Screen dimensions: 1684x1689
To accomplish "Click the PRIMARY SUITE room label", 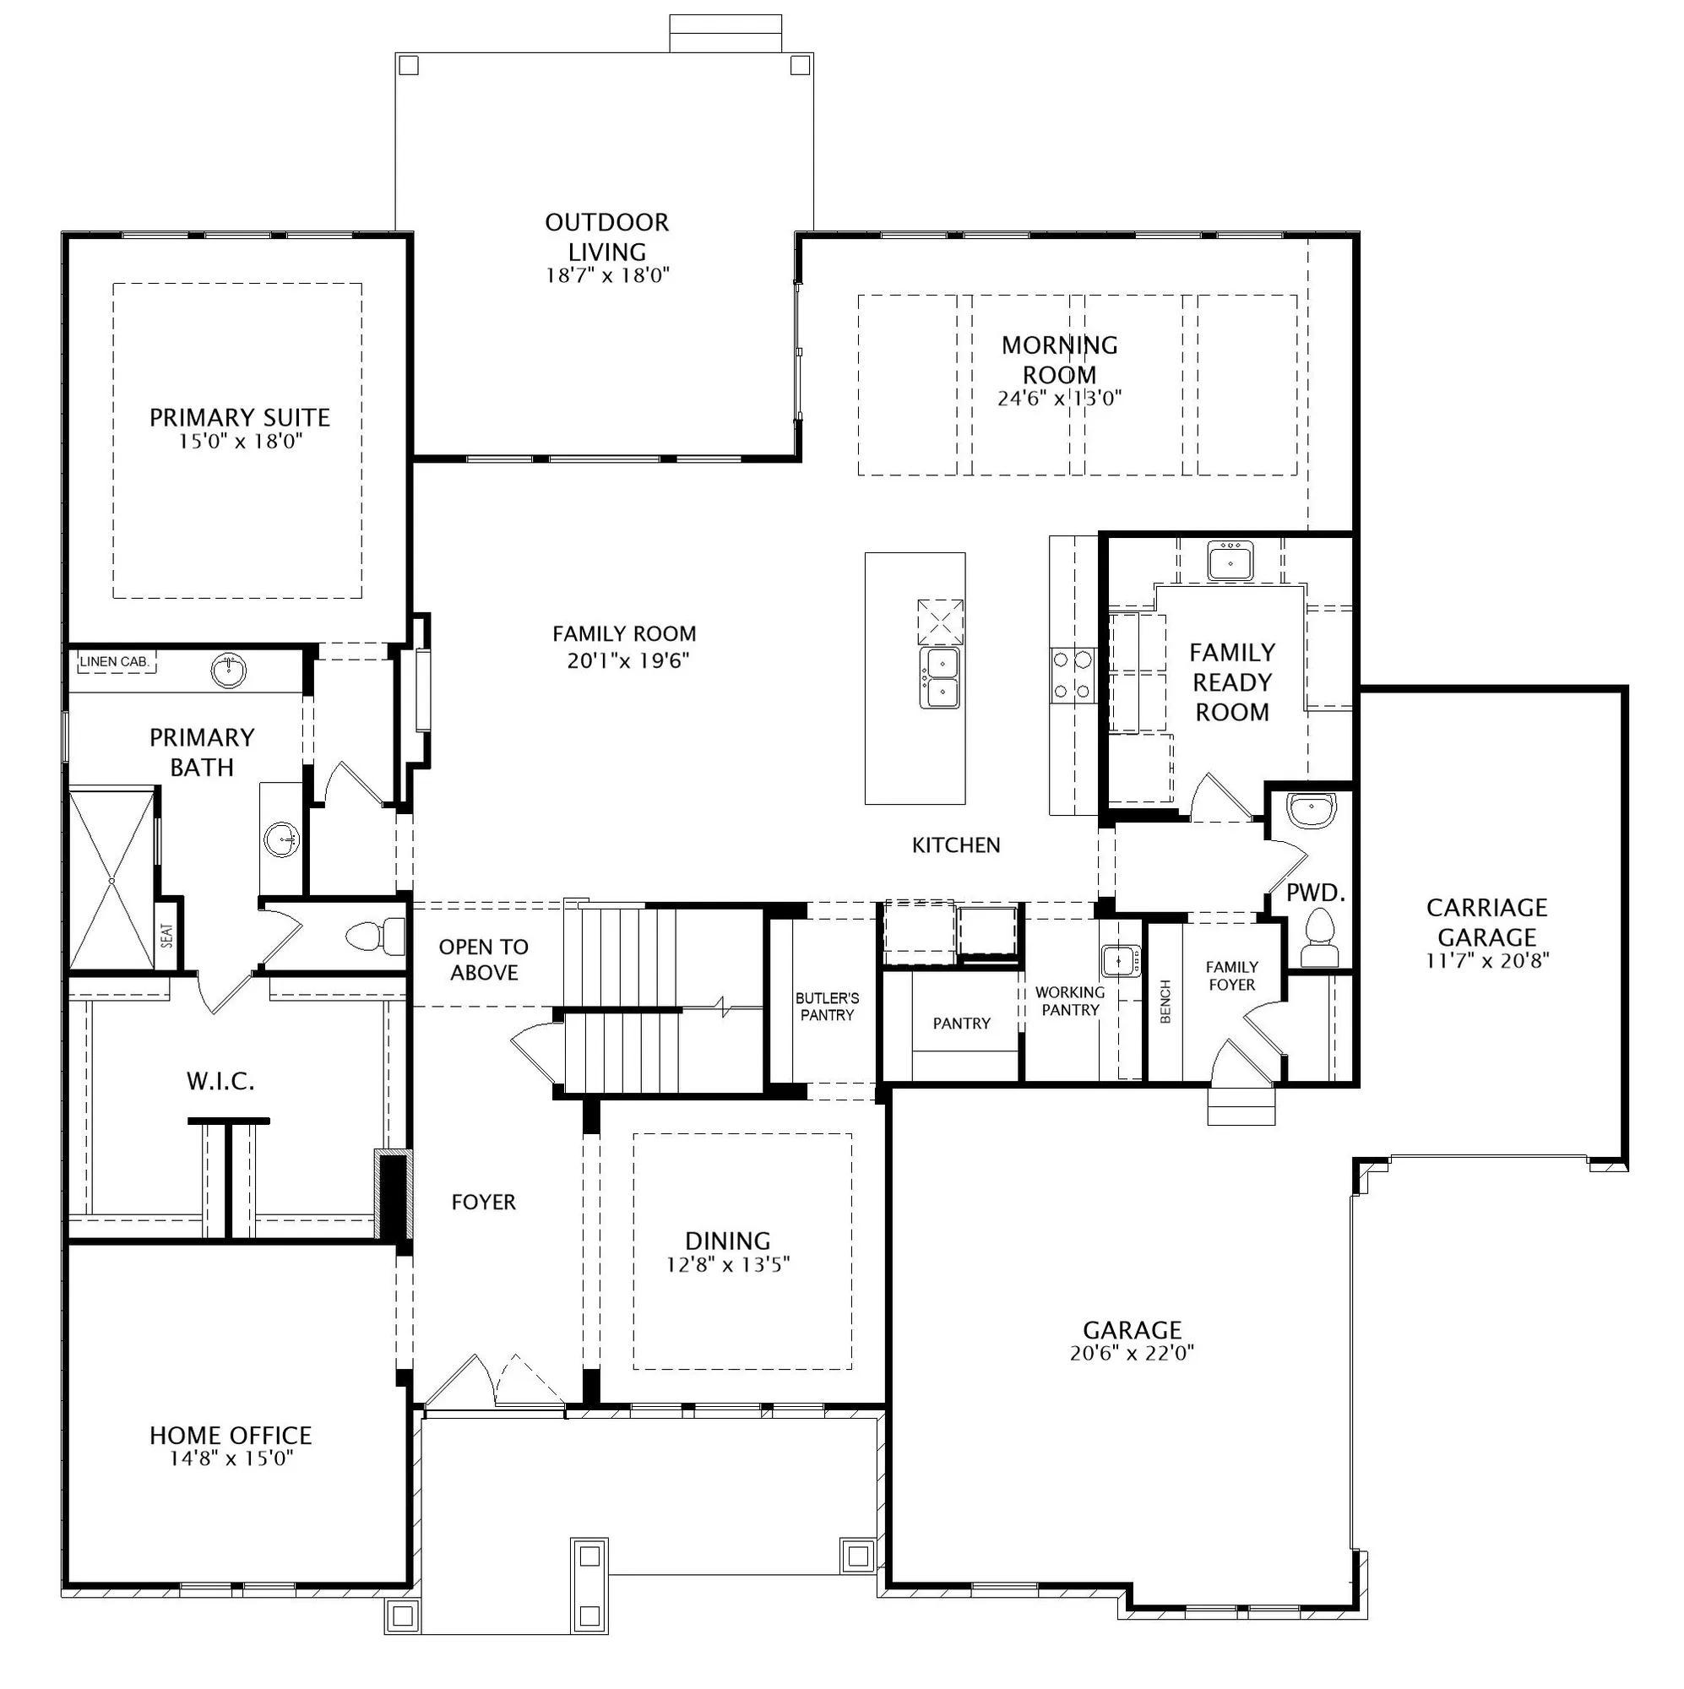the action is [x=240, y=418].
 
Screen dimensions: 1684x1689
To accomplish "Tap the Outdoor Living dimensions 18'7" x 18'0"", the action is [x=608, y=275].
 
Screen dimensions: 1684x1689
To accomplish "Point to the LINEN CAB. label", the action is [x=115, y=662].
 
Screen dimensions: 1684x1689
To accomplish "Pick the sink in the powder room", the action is [x=1312, y=811].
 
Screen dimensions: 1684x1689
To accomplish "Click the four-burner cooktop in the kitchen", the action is [x=1073, y=675].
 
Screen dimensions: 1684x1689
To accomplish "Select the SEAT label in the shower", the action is [x=167, y=936].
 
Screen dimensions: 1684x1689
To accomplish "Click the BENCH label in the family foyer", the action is [x=1165, y=1002].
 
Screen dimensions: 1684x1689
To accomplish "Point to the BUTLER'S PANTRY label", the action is [x=827, y=1007].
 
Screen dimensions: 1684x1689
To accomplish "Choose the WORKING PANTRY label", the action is [x=1070, y=1001].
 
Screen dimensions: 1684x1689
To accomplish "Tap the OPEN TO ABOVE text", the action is [x=484, y=959].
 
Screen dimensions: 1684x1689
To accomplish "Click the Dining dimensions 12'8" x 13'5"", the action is [x=728, y=1264].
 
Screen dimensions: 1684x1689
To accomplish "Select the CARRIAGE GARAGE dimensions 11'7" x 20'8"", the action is [x=1486, y=960].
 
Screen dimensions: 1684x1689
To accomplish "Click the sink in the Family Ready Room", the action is [x=1231, y=561].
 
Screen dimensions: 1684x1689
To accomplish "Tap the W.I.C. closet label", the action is [x=220, y=1082].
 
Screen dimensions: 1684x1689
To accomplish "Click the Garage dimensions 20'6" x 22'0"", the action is [x=1133, y=1353].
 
